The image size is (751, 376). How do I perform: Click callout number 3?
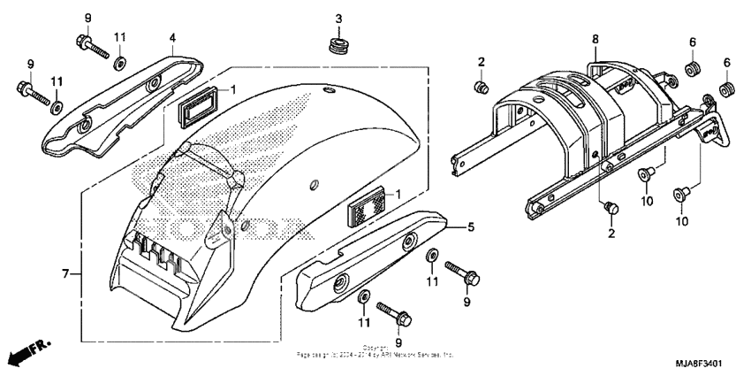click(x=338, y=19)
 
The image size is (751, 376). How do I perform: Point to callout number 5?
click(x=471, y=226)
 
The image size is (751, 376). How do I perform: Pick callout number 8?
click(x=595, y=39)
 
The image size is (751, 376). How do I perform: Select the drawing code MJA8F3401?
click(x=697, y=363)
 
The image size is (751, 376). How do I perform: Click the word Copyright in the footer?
click(x=375, y=347)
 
